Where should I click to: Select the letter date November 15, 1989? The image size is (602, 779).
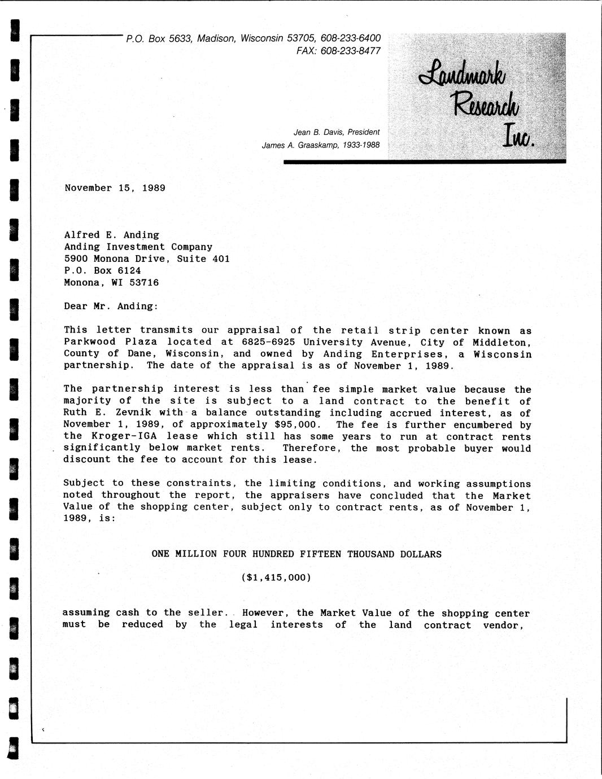tap(115, 188)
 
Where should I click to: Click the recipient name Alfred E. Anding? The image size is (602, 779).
tap(111, 235)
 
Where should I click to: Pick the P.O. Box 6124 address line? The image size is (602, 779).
tap(102, 270)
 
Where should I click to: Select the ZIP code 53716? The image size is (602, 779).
tap(144, 282)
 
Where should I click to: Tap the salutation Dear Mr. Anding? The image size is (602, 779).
tap(111, 306)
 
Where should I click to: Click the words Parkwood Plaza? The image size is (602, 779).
tap(110, 342)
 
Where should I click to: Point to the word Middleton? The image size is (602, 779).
tap(501, 342)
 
